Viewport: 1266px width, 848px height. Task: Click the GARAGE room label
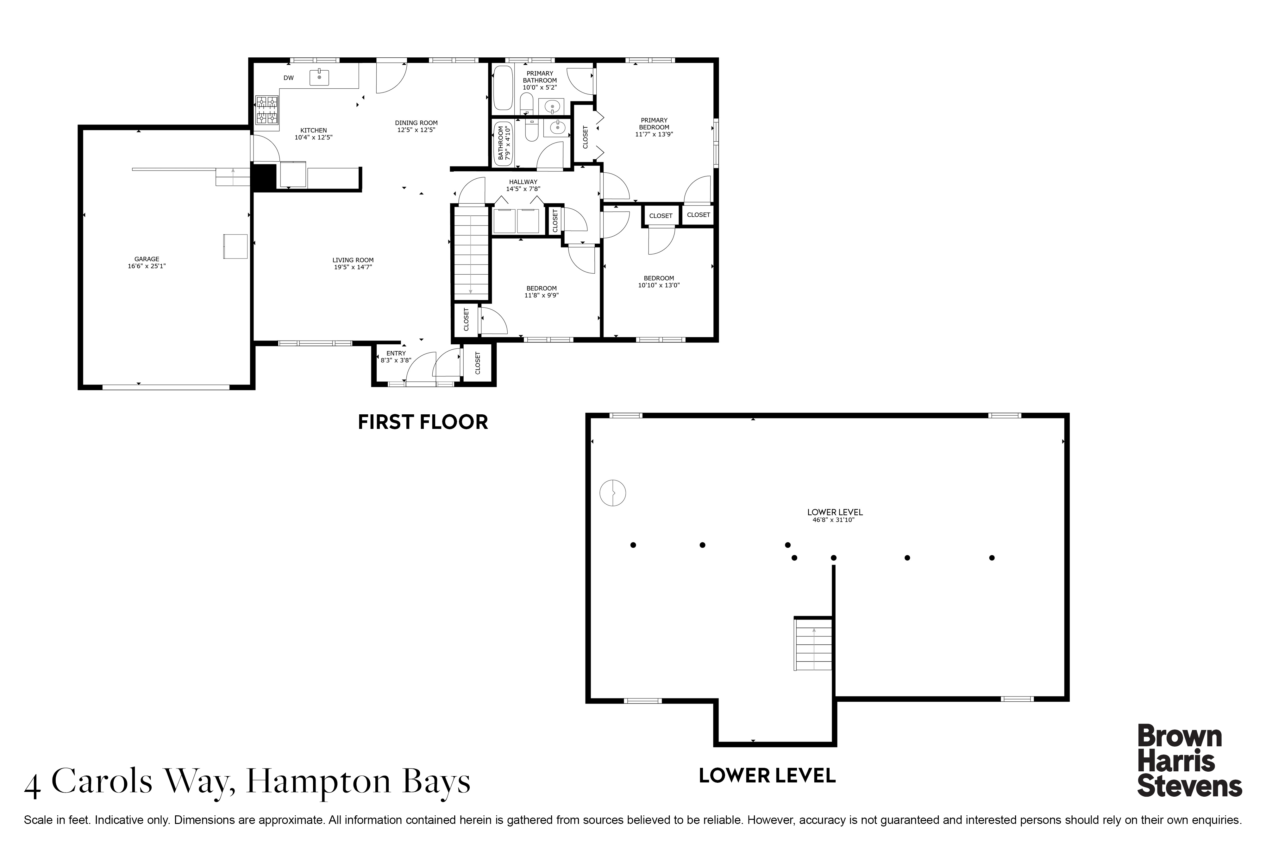pyautogui.click(x=147, y=259)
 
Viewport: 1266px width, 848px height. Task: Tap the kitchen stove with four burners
pyautogui.click(x=267, y=112)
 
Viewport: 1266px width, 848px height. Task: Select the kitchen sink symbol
pyautogui.click(x=319, y=77)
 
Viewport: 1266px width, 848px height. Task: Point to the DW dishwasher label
pyautogui.click(x=289, y=78)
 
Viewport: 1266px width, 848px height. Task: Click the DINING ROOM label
pyautogui.click(x=416, y=123)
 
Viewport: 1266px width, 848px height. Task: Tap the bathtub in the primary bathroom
pyautogui.click(x=503, y=88)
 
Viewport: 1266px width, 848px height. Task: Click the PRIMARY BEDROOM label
pyautogui.click(x=654, y=124)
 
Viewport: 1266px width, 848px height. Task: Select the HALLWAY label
pyautogui.click(x=523, y=182)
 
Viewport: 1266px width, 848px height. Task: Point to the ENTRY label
pyautogui.click(x=396, y=353)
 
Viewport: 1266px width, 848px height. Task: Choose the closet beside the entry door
pyautogui.click(x=478, y=363)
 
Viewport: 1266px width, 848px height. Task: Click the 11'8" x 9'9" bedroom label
pyautogui.click(x=542, y=295)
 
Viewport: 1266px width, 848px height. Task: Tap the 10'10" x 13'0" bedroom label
pyautogui.click(x=659, y=285)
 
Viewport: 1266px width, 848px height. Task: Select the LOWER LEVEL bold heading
pyautogui.click(x=767, y=775)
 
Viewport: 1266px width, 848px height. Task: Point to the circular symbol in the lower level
pyautogui.click(x=613, y=493)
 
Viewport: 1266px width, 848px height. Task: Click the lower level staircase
pyautogui.click(x=813, y=644)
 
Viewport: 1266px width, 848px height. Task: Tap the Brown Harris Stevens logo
pyautogui.click(x=1190, y=760)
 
